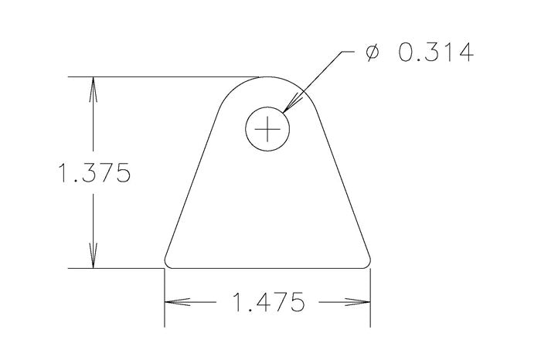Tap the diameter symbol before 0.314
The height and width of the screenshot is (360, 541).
click(372, 53)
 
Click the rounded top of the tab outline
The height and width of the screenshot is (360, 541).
click(267, 78)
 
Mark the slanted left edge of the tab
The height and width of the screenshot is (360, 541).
click(193, 178)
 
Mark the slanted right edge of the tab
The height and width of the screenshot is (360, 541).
click(341, 178)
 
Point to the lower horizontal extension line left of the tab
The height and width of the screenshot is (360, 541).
click(116, 269)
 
